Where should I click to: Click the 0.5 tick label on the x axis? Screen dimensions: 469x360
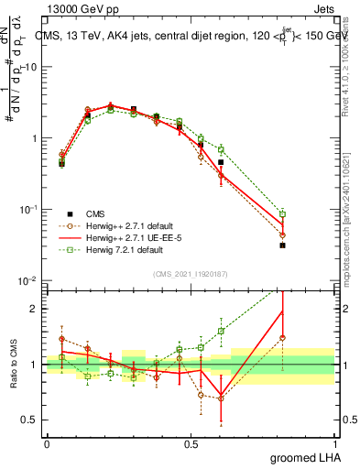[191, 442]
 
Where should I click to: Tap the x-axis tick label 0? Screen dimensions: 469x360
[47, 442]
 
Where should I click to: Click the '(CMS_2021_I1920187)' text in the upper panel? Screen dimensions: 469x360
[191, 273]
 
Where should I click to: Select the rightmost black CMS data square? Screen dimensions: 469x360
[283, 245]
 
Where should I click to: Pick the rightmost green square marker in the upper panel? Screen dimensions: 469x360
[283, 214]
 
